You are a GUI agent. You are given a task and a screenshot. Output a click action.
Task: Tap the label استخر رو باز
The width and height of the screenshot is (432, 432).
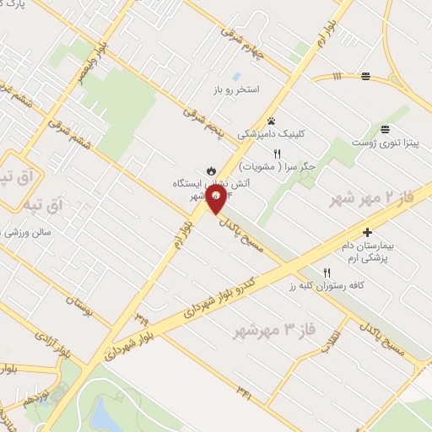click(236, 89)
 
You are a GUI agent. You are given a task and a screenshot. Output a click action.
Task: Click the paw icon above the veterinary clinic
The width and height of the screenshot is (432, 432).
click(272, 121)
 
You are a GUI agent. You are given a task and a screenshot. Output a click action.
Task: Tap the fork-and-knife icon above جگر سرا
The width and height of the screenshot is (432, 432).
click(277, 153)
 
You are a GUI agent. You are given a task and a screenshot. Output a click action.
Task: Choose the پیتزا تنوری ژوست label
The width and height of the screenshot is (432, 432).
click(386, 143)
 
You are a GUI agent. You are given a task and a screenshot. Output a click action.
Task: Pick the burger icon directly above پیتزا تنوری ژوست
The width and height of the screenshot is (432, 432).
click(386, 129)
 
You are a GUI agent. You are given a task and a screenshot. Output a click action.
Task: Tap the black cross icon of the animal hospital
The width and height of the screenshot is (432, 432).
click(367, 231)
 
